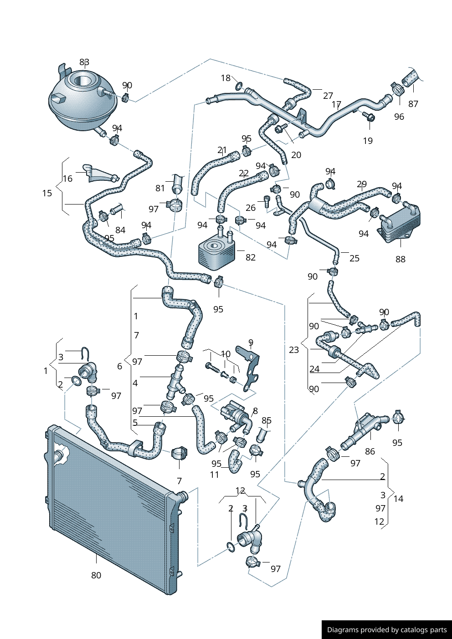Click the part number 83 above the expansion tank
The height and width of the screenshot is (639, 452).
[x=84, y=62]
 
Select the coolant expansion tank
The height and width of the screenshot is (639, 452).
[x=82, y=100]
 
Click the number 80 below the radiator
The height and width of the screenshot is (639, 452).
[x=96, y=575]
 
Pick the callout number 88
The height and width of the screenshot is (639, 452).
[x=401, y=259]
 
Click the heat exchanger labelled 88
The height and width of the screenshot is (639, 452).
[x=400, y=223]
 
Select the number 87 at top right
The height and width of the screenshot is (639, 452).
[x=413, y=104]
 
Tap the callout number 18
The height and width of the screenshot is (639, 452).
[x=226, y=78]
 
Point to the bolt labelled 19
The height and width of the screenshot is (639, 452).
[x=370, y=118]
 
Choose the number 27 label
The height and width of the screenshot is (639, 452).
[x=328, y=96]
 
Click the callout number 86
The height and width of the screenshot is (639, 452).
[x=370, y=451]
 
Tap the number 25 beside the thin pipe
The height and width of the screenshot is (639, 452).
[x=354, y=258]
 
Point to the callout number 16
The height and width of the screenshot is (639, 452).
[x=68, y=179]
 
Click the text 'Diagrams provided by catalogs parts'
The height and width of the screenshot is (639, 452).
[x=387, y=630]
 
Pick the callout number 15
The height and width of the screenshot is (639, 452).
[x=47, y=193]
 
